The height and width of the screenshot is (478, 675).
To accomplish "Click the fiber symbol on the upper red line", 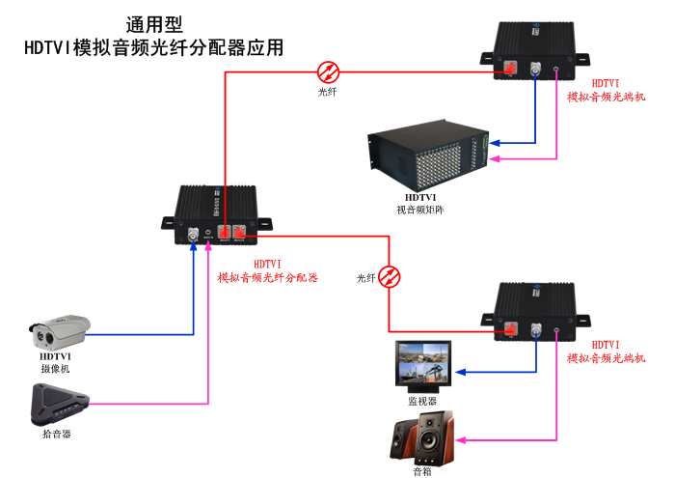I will point(329,70).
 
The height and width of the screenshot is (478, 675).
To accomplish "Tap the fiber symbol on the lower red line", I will point(389,276).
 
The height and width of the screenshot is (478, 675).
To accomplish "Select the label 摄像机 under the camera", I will point(55,369).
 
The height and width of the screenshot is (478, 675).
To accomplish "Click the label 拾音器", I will point(57,435).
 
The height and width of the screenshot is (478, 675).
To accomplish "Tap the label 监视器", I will point(422,400).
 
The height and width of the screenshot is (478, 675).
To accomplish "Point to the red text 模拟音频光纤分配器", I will point(268,277).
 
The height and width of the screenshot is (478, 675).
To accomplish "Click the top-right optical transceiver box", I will point(533,53).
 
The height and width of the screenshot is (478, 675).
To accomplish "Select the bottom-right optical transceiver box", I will point(533,313).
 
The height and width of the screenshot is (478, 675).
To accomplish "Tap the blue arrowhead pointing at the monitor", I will point(460,372).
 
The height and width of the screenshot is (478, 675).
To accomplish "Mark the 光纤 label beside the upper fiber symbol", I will point(328,92).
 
